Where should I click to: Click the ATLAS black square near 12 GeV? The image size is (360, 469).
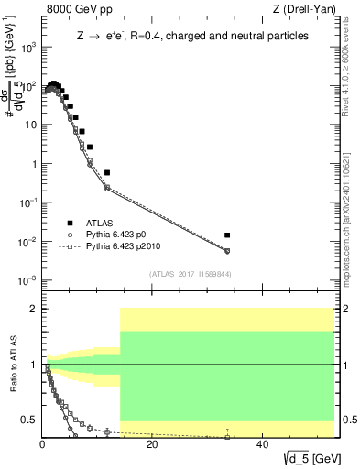tap(107, 172)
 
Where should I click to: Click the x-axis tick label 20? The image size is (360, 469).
tap(152, 445)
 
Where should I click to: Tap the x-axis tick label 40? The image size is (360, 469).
tap(262, 445)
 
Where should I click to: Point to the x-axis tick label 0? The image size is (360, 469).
tap(42, 445)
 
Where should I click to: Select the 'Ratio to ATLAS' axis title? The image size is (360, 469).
tap(12, 365)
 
